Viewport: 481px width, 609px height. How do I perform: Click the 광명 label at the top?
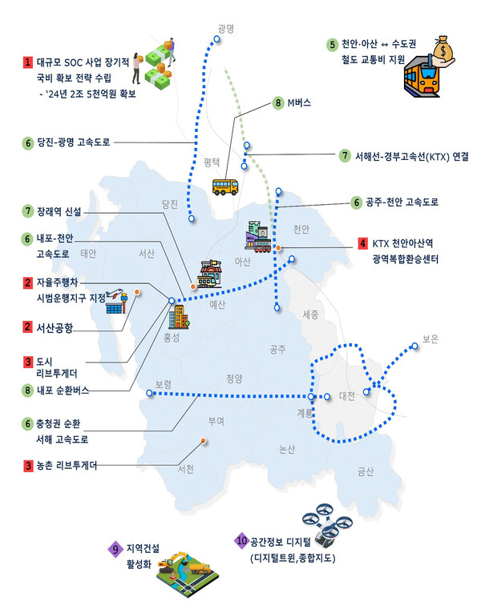[x=224, y=29]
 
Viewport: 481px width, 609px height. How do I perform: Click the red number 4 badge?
[x=363, y=243]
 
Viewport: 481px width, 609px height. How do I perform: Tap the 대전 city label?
[x=347, y=396]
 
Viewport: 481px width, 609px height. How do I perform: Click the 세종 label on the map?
[x=312, y=315]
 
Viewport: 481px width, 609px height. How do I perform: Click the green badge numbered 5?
[x=331, y=43]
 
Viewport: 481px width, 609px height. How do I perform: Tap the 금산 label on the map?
[x=366, y=471]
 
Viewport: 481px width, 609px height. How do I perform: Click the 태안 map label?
[x=88, y=254]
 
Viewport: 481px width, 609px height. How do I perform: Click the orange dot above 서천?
[x=204, y=440]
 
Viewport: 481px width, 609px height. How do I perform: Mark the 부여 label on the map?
[x=216, y=420]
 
